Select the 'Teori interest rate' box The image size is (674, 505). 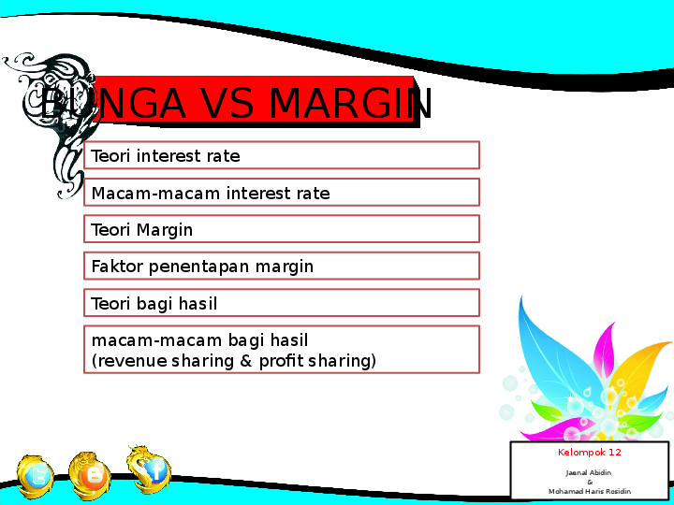tap(281, 155)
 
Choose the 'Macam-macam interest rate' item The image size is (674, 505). tap(281, 193)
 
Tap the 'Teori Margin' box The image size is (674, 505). tap(281, 229)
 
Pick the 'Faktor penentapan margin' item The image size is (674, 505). tap(281, 267)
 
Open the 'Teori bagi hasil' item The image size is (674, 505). tap(281, 303)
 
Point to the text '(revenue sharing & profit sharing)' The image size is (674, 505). tap(233, 361)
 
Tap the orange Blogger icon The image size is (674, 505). tap(93, 474)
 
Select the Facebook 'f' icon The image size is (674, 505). tap(152, 469)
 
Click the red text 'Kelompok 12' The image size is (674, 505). tap(590, 453)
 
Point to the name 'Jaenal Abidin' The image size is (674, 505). tap(589, 473)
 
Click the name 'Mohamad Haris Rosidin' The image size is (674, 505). tap(590, 491)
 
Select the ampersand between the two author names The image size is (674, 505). tap(590, 482)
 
